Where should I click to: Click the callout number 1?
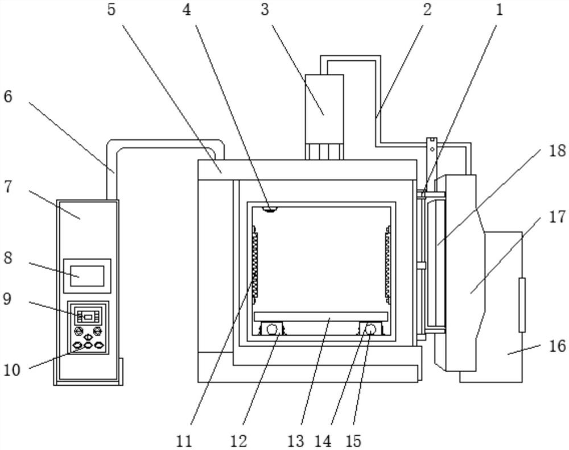[500, 10]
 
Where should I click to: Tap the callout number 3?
[265, 10]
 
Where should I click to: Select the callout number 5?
[111, 10]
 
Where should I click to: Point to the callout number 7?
[8, 188]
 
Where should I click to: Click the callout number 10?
[12, 369]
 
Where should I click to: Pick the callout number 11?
[184, 441]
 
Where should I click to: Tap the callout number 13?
[295, 441]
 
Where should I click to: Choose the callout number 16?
[557, 346]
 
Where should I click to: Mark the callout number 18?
[557, 151]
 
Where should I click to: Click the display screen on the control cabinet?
[87, 276]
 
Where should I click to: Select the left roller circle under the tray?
[271, 329]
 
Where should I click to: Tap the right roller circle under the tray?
[370, 329]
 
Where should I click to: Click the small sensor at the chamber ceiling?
[270, 209]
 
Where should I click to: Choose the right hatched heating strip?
[388, 265]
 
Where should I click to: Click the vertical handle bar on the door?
[522, 305]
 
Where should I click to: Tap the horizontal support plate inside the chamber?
[321, 316]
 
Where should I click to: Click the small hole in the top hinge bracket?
[432, 149]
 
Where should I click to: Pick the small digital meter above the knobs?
[88, 316]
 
